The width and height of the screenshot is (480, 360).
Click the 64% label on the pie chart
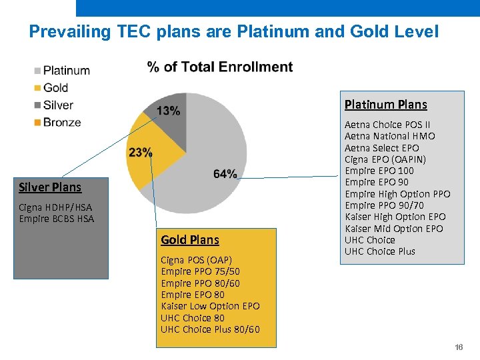tap(225, 174)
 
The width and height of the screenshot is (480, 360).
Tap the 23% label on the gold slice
tap(140, 153)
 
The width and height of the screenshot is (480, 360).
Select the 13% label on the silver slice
tap(168, 111)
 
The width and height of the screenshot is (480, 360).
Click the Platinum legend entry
tap(66, 71)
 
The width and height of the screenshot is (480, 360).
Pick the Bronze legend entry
tap(62, 122)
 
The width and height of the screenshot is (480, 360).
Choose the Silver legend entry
tap(58, 105)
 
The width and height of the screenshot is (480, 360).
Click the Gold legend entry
tap(55, 87)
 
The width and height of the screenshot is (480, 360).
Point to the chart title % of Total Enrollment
tap(219, 67)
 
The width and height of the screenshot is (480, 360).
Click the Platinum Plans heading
tap(385, 105)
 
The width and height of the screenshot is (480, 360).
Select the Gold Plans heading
tap(189, 240)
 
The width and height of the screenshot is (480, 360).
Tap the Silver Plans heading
tap(50, 187)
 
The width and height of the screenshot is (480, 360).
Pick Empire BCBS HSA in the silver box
tap(57, 219)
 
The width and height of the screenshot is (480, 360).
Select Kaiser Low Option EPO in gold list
tap(210, 306)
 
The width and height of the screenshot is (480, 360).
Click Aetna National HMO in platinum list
tap(389, 136)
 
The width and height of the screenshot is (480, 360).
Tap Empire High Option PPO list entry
tap(397, 194)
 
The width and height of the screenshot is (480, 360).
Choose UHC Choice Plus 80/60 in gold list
tap(210, 329)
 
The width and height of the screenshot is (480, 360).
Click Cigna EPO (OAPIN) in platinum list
tap(385, 159)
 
